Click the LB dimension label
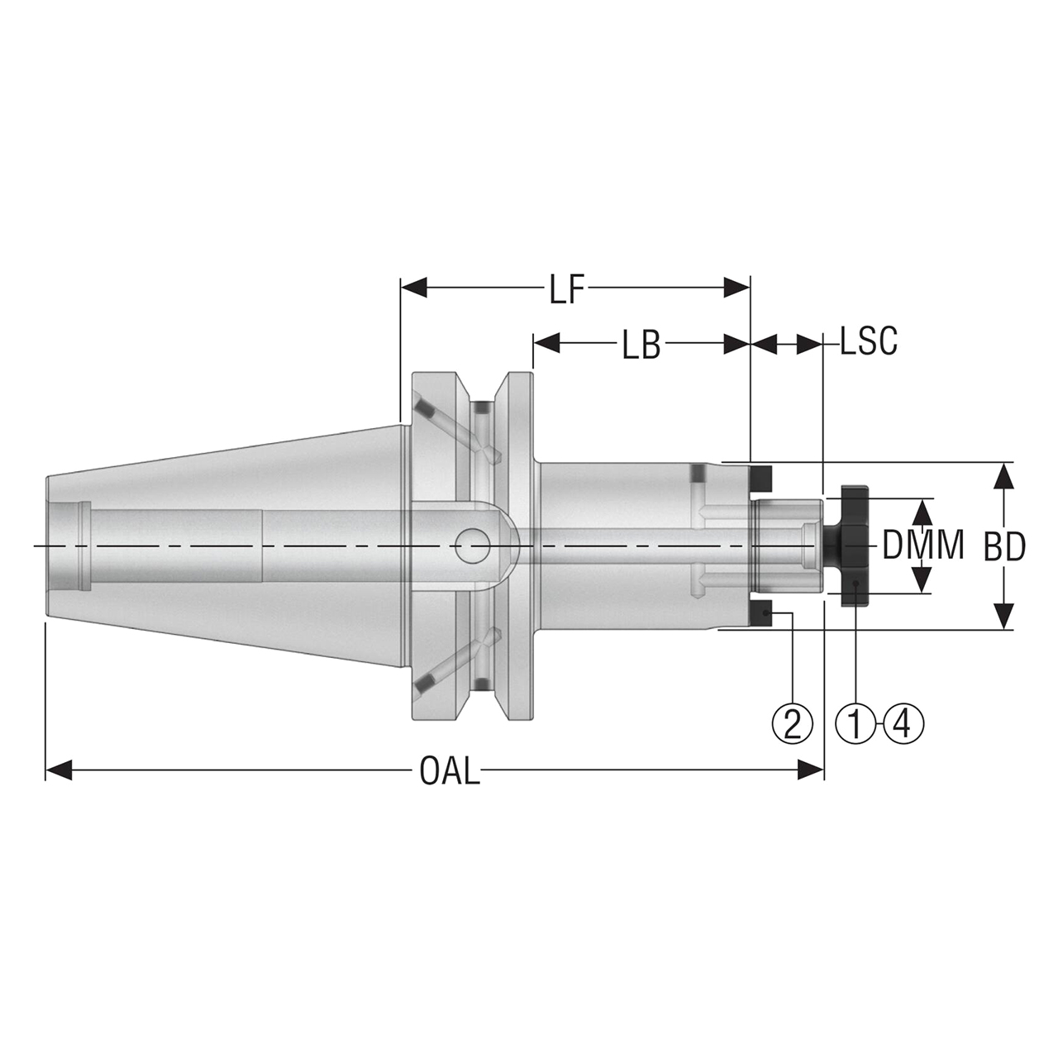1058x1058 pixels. click(x=641, y=346)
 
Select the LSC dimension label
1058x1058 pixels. click(x=868, y=341)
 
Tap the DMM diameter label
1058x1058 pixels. click(x=922, y=546)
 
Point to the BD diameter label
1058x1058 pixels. click(x=1004, y=547)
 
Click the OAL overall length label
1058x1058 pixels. click(x=449, y=772)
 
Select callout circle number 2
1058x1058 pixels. click(x=792, y=723)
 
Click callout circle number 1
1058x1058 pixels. click(x=856, y=723)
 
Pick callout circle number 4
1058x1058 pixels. click(x=903, y=723)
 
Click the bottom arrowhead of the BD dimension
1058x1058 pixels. click(x=1003, y=617)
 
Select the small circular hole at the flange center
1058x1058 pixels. click(x=470, y=546)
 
